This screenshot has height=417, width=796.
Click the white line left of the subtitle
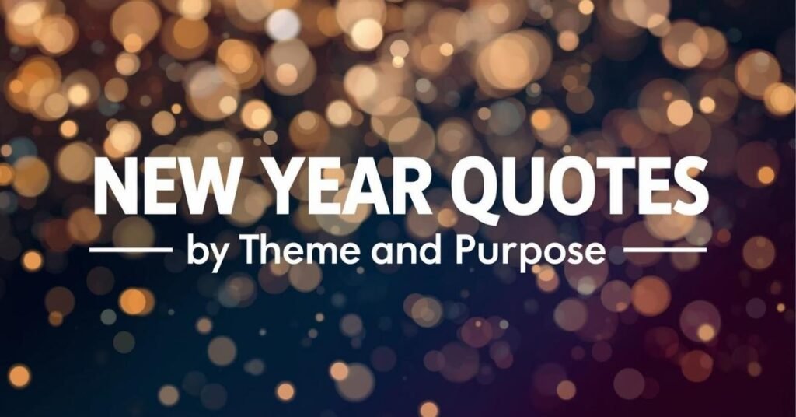click(x=131, y=251)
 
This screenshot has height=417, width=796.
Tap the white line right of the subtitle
click(x=665, y=251)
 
